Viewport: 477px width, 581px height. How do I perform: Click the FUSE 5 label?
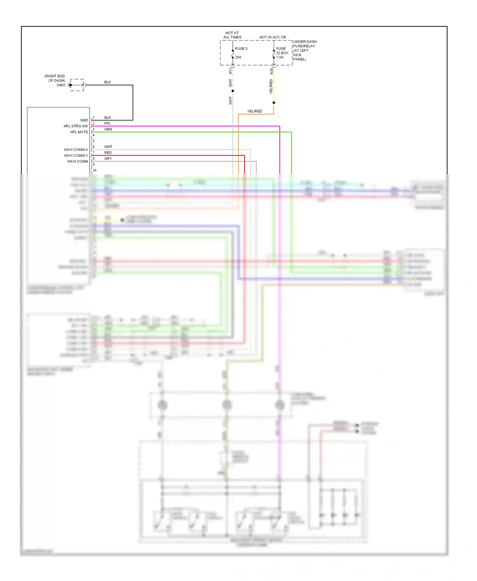tap(241, 49)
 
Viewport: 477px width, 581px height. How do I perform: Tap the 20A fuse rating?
tap(238, 57)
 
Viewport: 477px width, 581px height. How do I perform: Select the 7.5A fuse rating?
tap(280, 57)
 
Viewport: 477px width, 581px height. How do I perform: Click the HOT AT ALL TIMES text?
tap(232, 35)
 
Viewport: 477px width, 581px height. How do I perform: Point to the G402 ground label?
tap(61, 85)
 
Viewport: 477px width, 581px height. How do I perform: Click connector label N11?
tap(231, 71)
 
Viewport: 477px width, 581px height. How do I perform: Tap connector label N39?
tap(272, 71)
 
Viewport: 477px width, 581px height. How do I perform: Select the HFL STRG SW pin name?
tap(76, 126)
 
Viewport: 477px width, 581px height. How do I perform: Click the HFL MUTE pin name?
tap(79, 132)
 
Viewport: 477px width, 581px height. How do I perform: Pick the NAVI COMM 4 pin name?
tap(76, 149)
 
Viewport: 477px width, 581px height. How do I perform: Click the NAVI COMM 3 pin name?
tap(76, 155)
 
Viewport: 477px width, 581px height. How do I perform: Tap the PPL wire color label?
tap(108, 123)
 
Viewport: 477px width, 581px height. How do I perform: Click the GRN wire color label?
tap(108, 129)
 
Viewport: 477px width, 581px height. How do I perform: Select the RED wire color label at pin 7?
tap(108, 153)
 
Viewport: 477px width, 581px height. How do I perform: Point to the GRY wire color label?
tap(108, 158)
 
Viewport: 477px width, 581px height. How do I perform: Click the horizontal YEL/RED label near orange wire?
tap(255, 111)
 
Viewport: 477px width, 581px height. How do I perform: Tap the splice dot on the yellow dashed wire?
tap(274, 103)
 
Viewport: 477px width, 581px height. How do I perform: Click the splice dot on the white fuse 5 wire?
tap(233, 91)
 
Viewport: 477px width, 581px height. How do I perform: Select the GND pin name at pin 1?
tap(84, 120)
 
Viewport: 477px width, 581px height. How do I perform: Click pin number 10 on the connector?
tap(94, 170)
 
